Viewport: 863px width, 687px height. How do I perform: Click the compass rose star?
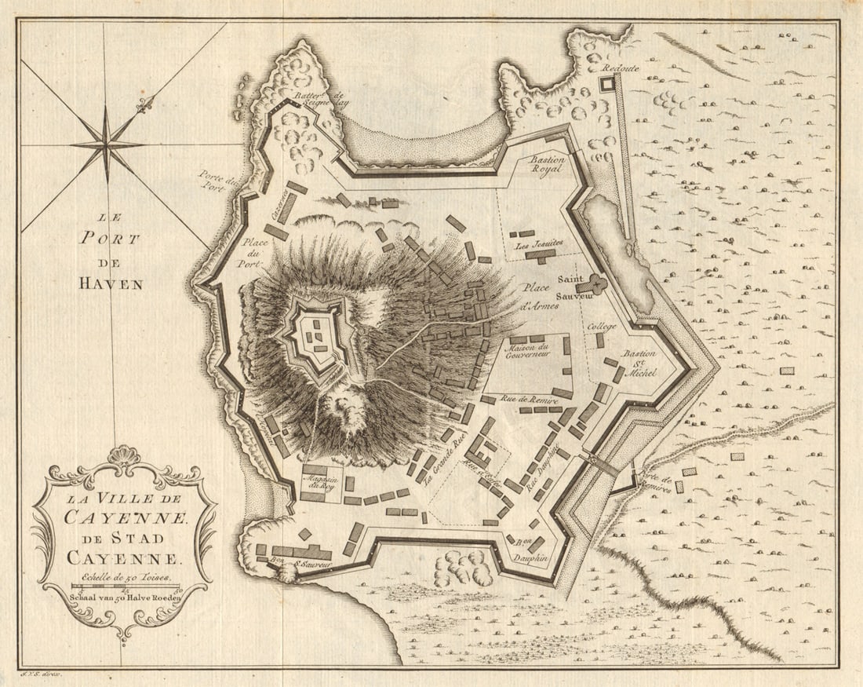tap(107, 144)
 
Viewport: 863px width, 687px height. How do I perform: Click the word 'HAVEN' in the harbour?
tap(111, 284)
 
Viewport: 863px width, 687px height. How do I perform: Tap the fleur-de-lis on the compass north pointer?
tap(143, 105)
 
